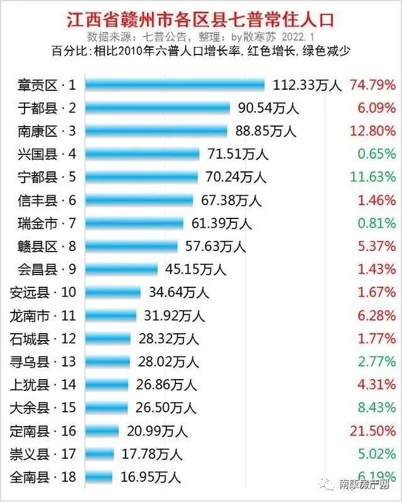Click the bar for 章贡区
pos(175,85)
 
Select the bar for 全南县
pos(99,478)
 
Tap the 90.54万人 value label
pos(268,108)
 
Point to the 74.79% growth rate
pos(373,85)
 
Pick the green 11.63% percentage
pos(373,177)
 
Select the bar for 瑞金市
pos(134,223)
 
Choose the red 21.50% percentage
pos(373,431)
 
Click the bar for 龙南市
pos(111,316)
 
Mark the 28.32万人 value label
pos(168,339)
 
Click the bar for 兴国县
pos(142,154)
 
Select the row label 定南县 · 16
pos(43,431)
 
